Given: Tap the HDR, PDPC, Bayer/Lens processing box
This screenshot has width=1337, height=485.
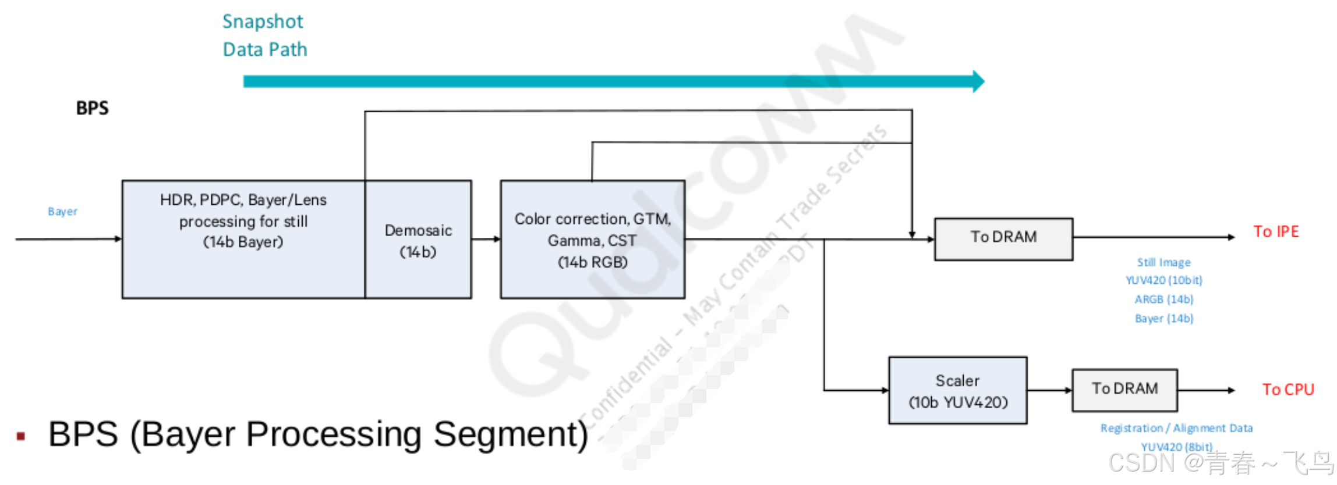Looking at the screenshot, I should [243, 240].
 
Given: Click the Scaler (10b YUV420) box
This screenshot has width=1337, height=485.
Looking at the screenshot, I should [957, 390].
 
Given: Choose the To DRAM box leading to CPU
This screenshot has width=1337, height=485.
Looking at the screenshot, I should [1124, 390].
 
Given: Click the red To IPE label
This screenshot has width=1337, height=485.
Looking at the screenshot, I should [1276, 231].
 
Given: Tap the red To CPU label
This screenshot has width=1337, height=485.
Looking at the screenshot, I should [1288, 389].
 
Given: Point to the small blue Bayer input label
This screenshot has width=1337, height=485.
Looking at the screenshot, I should [62, 211].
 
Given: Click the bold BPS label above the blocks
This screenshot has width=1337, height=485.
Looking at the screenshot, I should [92, 108].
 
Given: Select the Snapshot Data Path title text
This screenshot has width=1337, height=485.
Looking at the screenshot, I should [264, 35].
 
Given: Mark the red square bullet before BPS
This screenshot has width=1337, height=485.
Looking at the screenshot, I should [21, 436].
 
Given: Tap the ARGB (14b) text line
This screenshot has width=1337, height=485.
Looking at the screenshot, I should [1163, 299].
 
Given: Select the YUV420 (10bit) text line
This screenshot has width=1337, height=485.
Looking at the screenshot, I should [1163, 280].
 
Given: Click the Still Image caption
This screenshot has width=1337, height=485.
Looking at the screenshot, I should [1163, 262].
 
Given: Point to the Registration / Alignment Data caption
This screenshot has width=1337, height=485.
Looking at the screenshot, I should [1176, 428].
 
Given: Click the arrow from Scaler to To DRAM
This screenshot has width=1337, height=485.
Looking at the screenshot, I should [1049, 390].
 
